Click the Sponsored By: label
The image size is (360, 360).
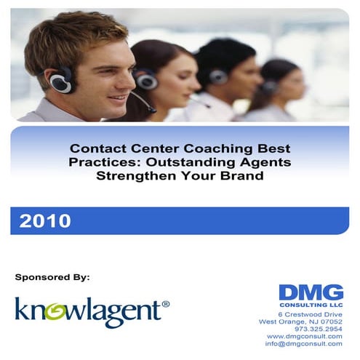coord(52,277)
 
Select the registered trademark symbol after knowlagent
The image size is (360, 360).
coord(166,303)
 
